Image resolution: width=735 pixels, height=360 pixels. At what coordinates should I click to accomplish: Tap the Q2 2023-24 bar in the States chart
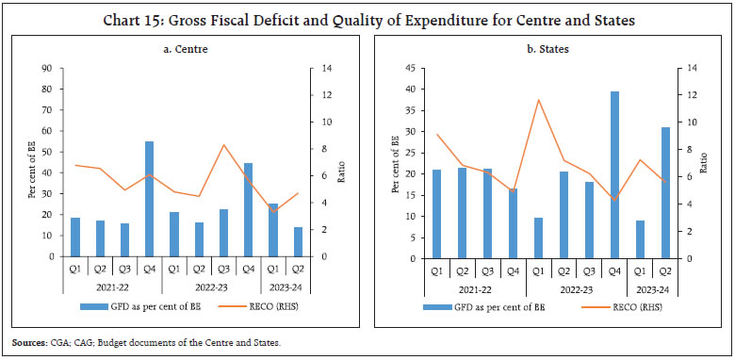(665, 192)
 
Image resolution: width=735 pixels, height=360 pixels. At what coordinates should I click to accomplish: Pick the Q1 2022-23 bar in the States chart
(538, 237)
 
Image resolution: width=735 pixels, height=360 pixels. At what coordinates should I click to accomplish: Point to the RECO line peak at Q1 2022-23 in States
(538, 100)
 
